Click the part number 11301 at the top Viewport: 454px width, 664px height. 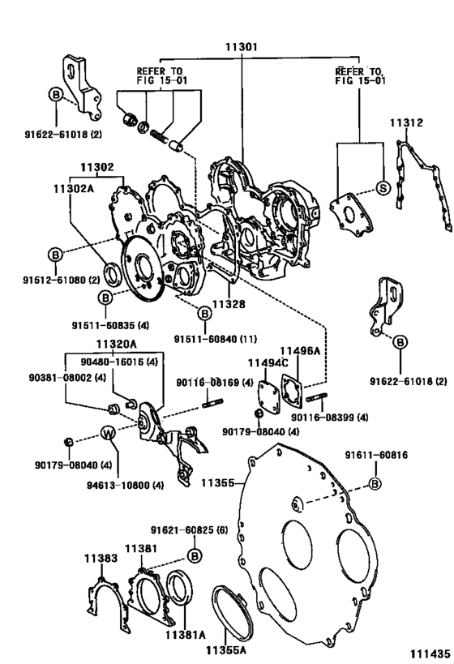tap(242, 47)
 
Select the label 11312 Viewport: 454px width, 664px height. tap(406, 123)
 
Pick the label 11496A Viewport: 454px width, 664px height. tap(301, 351)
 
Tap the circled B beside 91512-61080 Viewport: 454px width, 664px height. tap(55, 255)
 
